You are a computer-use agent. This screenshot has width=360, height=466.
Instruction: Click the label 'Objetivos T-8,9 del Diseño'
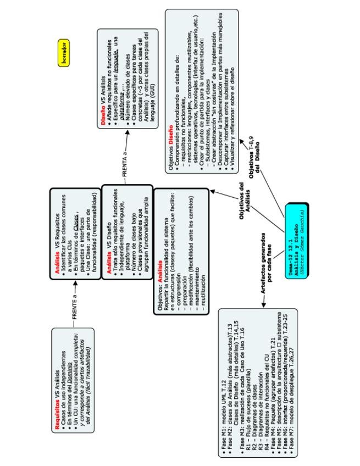click(253, 152)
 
